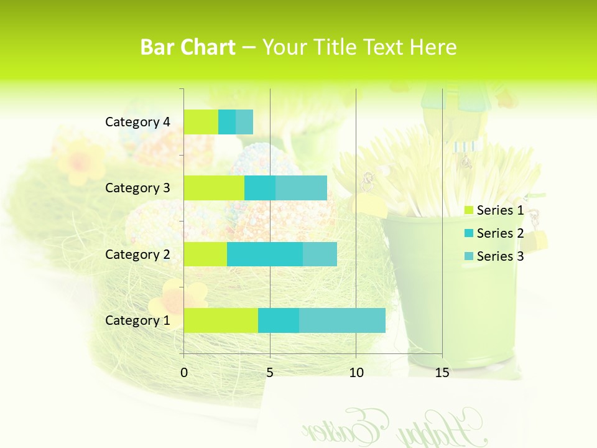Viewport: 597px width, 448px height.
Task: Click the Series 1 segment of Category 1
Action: click(x=221, y=320)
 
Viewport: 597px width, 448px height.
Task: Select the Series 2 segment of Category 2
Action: click(x=265, y=254)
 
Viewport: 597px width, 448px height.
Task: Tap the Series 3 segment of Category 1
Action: click(x=342, y=320)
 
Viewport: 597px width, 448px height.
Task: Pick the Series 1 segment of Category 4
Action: click(x=201, y=122)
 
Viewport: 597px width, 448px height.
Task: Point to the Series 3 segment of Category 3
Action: click(x=301, y=188)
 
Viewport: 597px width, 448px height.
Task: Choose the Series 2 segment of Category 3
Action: click(x=260, y=188)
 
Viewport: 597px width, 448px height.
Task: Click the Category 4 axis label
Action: click(x=137, y=122)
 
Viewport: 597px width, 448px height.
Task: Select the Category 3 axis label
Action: click(x=137, y=188)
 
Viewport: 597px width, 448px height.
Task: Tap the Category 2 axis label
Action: click(x=137, y=254)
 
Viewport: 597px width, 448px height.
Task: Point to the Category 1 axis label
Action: click(x=137, y=320)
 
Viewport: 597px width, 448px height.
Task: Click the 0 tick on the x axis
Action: click(x=184, y=373)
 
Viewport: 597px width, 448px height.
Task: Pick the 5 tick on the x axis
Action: click(x=270, y=373)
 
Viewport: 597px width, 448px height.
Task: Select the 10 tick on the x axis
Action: click(x=356, y=373)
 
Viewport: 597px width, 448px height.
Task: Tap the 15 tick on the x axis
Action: click(x=442, y=373)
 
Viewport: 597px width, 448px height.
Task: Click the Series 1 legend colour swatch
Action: click(x=469, y=211)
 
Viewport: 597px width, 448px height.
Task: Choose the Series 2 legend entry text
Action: click(x=500, y=233)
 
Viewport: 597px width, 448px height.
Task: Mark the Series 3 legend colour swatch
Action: click(x=469, y=256)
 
